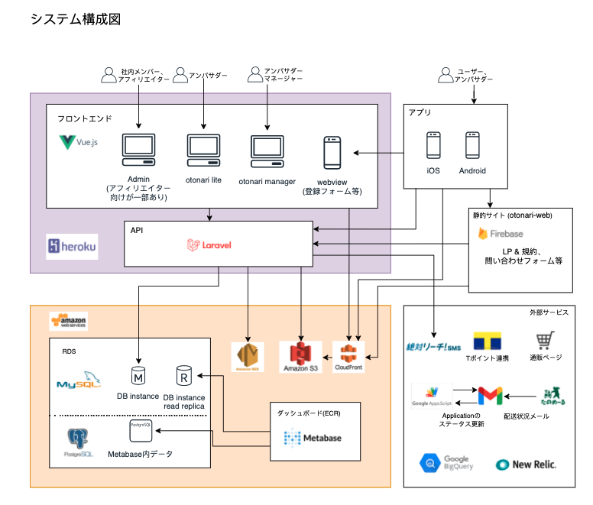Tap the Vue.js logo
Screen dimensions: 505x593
point(79,142)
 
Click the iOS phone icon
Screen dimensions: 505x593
point(433,145)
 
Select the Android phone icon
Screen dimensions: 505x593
point(472,145)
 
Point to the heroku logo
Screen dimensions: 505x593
point(72,246)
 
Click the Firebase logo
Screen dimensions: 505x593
point(501,233)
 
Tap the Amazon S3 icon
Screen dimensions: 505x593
point(303,354)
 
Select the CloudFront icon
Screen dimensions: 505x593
point(348,354)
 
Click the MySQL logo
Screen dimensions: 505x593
point(79,380)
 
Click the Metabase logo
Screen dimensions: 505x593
point(313,438)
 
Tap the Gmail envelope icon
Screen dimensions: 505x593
point(489,396)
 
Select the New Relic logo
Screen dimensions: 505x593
point(526,464)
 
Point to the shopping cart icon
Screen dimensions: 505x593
point(545,340)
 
